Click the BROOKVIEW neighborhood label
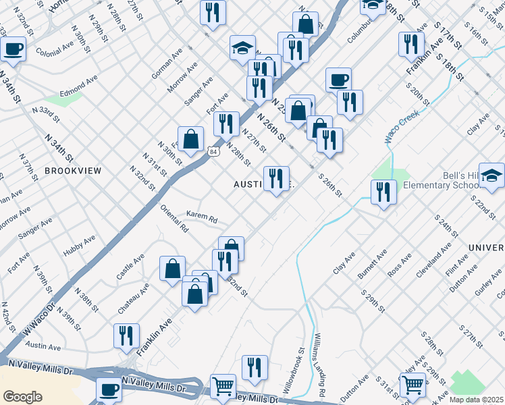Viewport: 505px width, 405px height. click(73, 171)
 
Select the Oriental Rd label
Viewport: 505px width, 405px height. click(173, 218)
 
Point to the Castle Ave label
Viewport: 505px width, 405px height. click(130, 267)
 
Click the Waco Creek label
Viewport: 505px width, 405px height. click(402, 126)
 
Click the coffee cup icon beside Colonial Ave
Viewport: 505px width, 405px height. click(14, 49)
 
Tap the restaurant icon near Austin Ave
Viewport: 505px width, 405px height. click(126, 335)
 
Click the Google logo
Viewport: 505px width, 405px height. click(22, 397)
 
